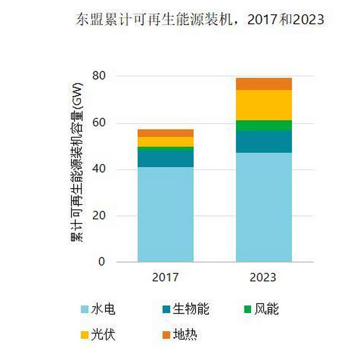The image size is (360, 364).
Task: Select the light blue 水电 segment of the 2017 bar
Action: coord(165,214)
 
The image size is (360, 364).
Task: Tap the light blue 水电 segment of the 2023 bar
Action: coord(264,207)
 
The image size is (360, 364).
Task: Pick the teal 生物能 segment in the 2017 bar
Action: coord(165,158)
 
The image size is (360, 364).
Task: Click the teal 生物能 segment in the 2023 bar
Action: coord(264,142)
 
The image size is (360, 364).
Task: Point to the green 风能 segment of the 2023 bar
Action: coord(264,126)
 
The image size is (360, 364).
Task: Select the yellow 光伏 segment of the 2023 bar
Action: coord(264,105)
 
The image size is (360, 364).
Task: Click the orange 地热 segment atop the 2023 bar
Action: coord(264,84)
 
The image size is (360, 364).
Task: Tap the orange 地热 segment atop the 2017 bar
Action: coord(165,133)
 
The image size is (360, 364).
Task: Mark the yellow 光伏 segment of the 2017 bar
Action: coord(165,142)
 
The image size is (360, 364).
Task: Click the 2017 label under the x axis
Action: coord(165,277)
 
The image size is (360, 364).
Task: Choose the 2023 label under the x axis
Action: coord(264,277)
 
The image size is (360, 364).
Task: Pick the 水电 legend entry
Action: coord(98,309)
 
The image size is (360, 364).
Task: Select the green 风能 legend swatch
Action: coord(248,309)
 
